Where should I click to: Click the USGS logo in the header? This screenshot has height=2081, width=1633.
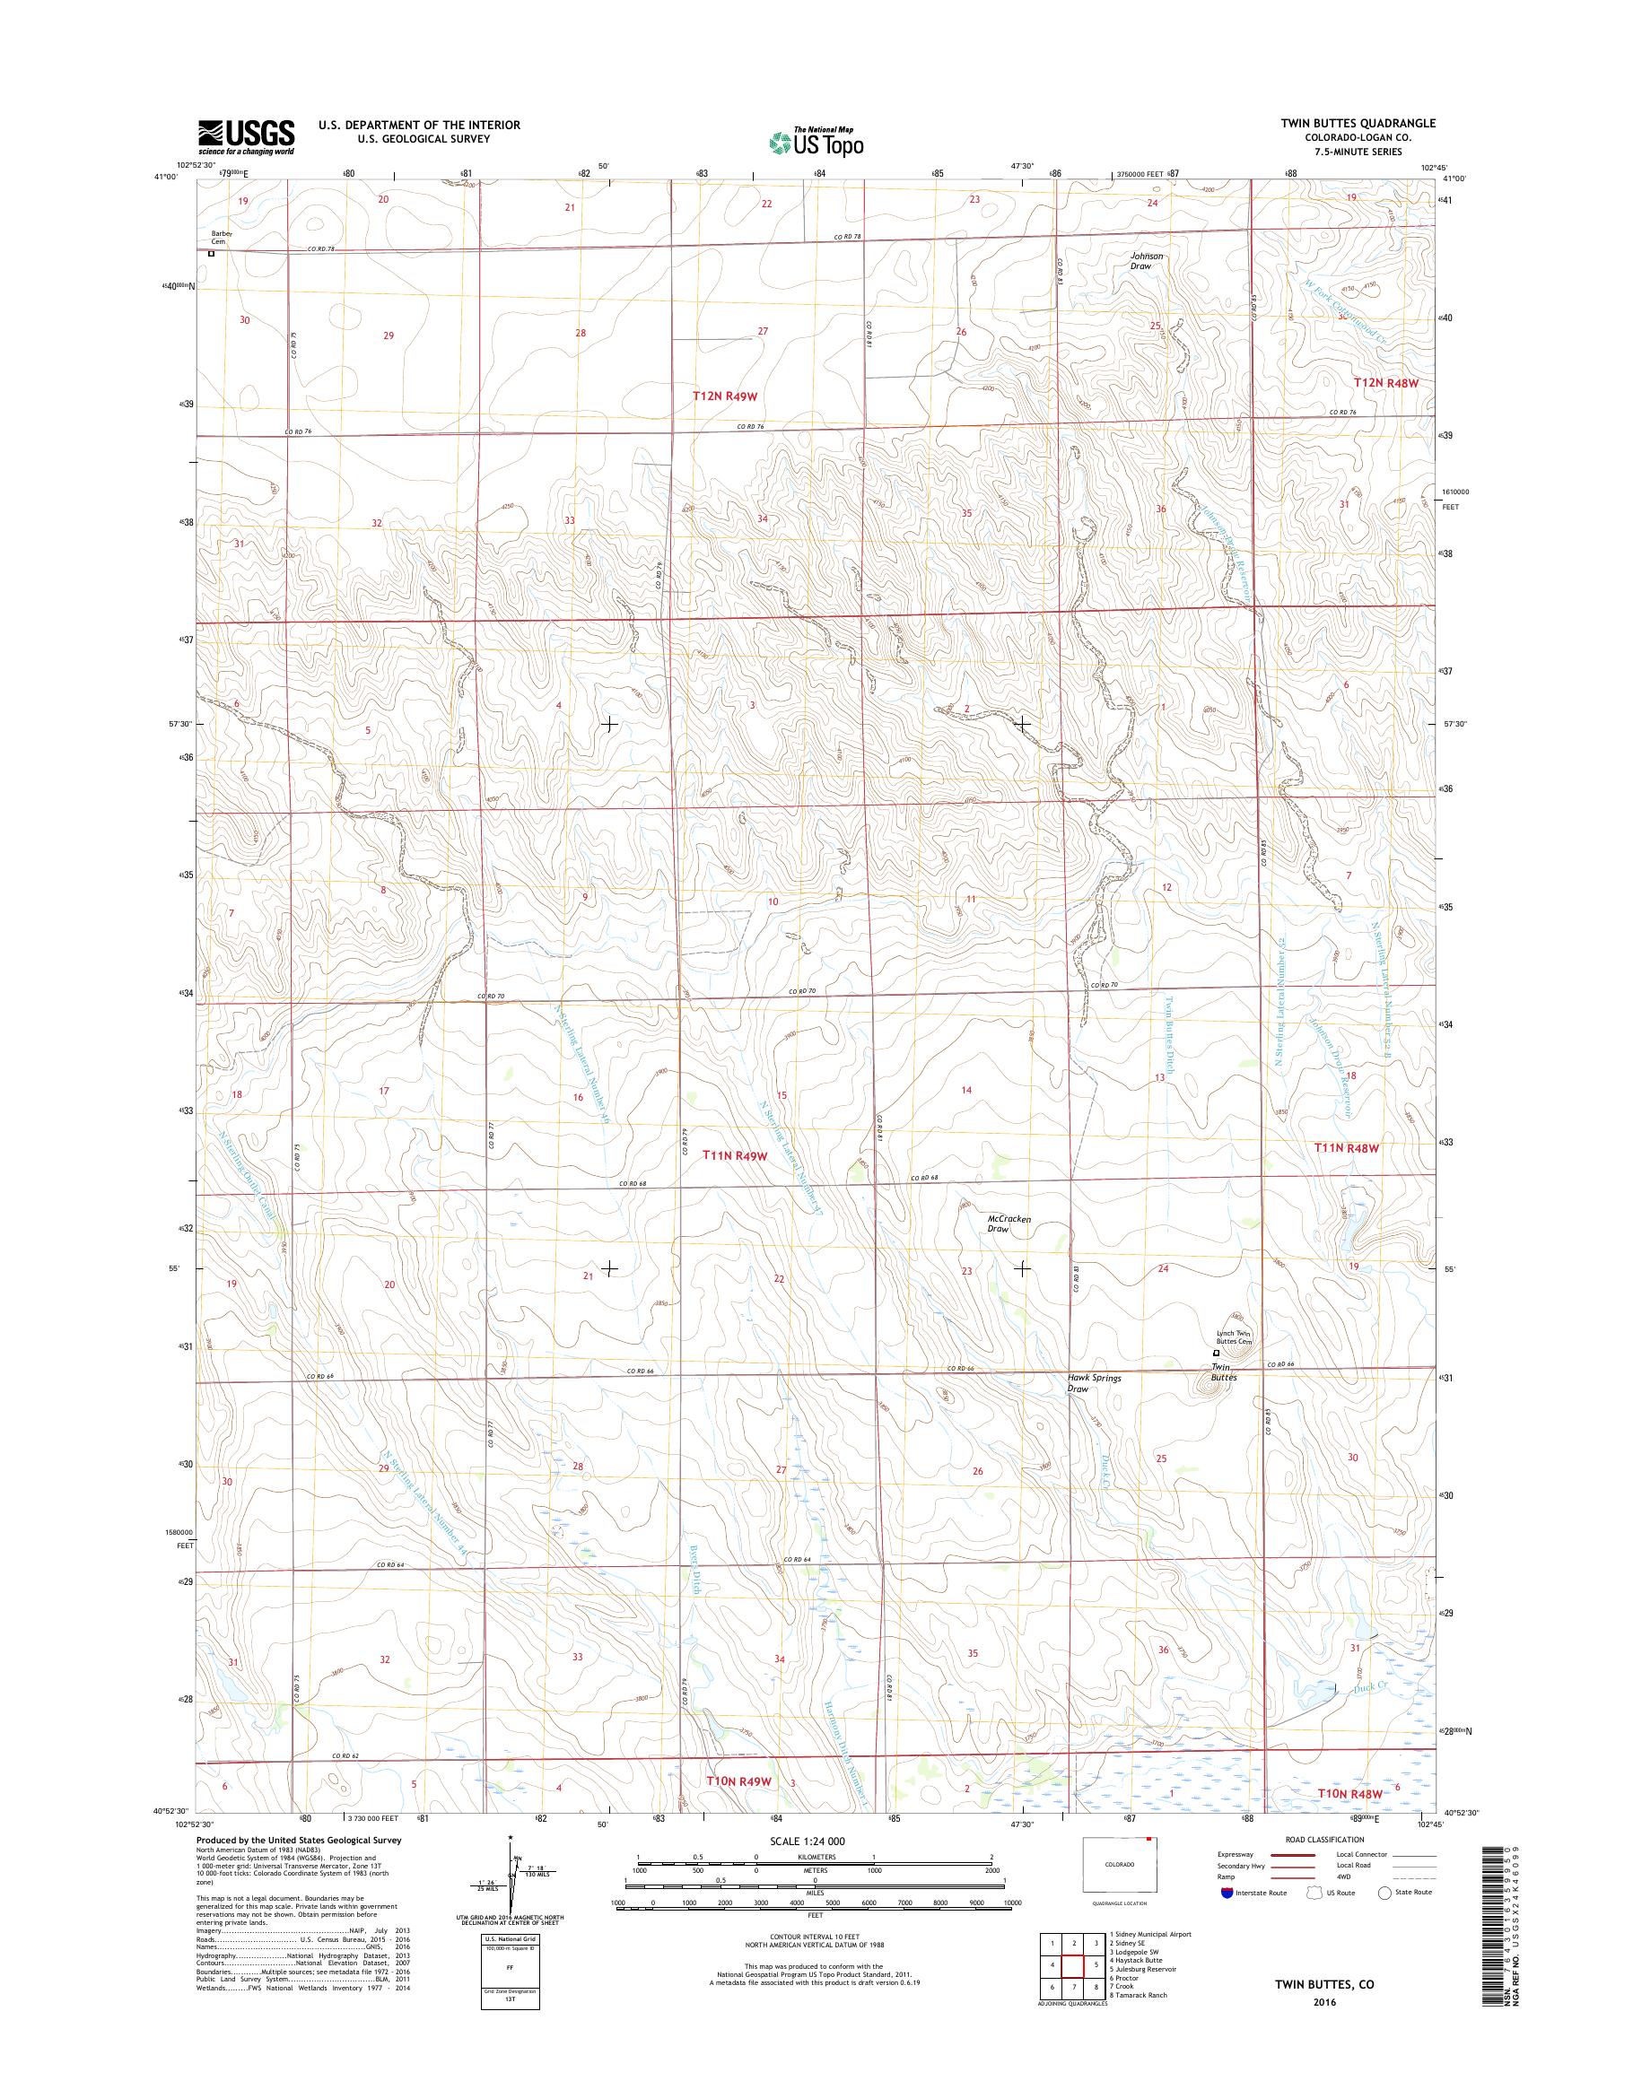point(246,136)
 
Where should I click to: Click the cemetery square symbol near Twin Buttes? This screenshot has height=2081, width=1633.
point(1217,1354)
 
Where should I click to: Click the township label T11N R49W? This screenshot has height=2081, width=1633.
point(735,1154)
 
